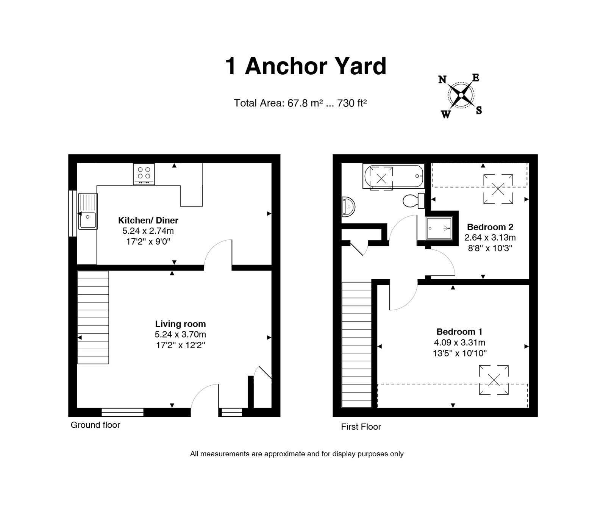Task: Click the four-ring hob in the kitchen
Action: [144, 174]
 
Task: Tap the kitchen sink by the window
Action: [88, 211]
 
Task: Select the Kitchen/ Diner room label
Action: [148, 220]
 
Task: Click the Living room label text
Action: [180, 324]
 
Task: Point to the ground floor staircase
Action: [93, 317]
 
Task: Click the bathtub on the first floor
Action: [394, 177]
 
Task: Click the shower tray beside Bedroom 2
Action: [439, 228]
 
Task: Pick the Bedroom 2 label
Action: [490, 227]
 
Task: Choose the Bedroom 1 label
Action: [459, 332]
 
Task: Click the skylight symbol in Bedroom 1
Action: [494, 380]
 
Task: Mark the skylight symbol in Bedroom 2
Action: [498, 189]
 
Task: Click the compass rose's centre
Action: [461, 95]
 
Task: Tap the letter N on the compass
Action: [442, 80]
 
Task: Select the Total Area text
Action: [301, 103]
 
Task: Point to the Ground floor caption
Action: [95, 425]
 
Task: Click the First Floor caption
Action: [361, 427]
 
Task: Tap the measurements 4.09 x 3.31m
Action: [459, 342]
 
